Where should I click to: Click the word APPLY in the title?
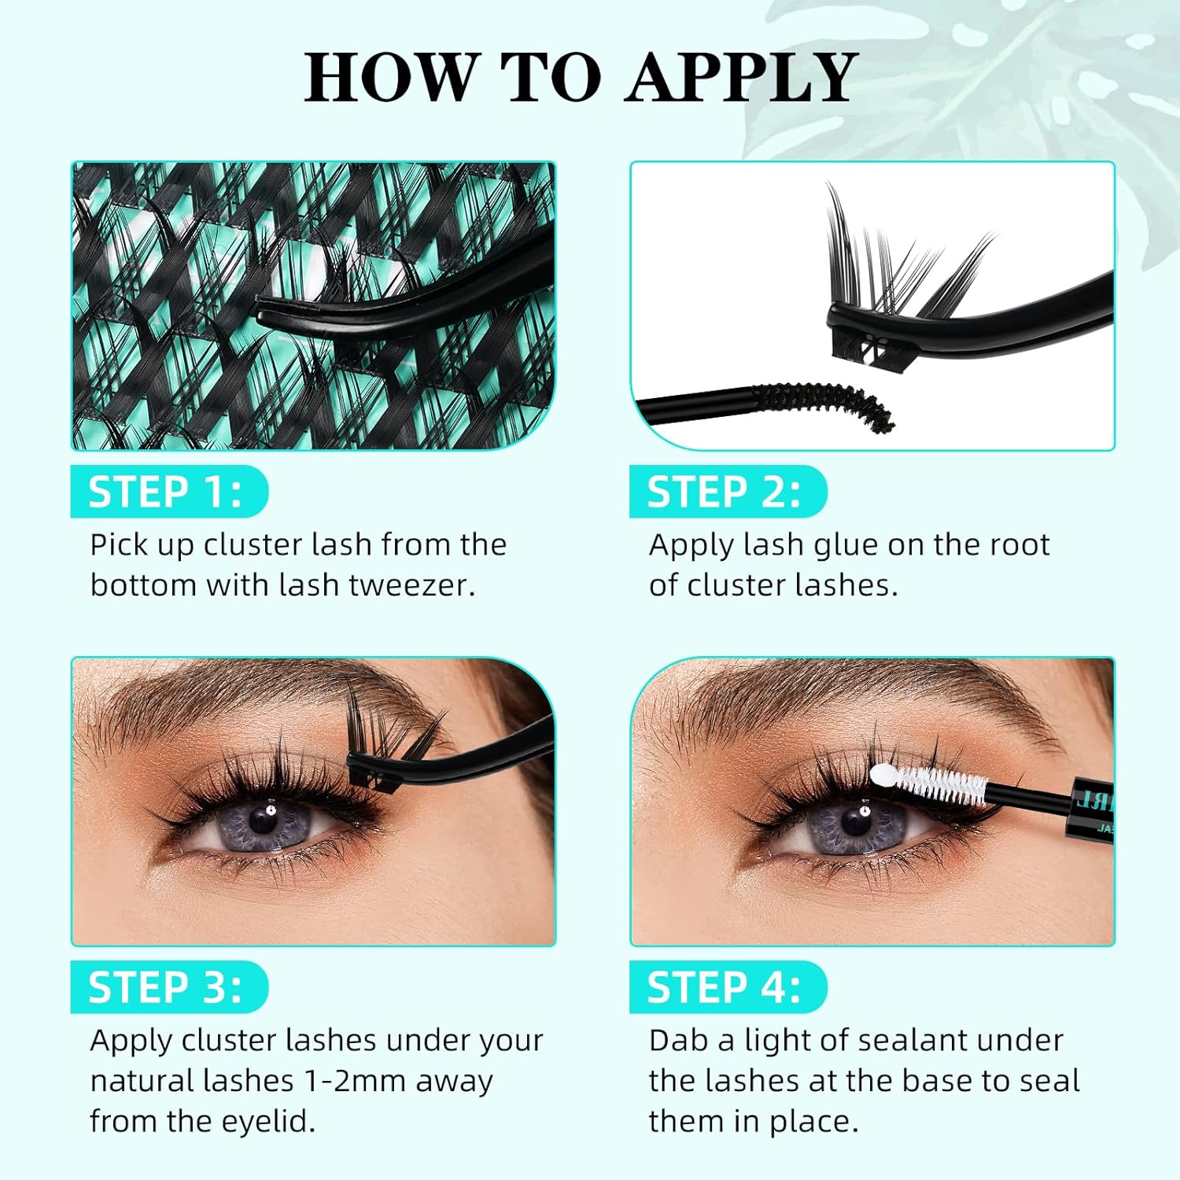[741, 77]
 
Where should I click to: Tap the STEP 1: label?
[165, 492]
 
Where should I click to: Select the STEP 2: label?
[724, 492]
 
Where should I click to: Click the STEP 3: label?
[165, 987]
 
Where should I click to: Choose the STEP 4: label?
[724, 987]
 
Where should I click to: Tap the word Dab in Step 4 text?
[680, 1040]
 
